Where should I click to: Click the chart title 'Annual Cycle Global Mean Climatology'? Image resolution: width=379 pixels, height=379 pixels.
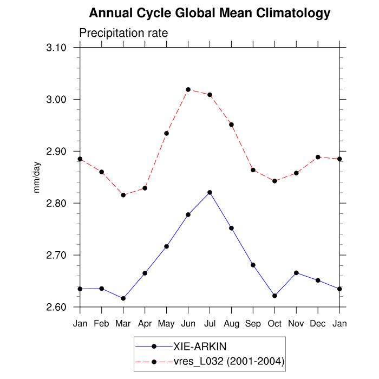[x=210, y=12]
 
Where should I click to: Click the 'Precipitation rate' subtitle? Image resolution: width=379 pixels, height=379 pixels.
[x=123, y=33]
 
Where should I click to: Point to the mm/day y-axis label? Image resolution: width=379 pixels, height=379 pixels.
[x=37, y=177]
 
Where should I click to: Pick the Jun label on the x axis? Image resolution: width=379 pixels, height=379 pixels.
[x=188, y=323]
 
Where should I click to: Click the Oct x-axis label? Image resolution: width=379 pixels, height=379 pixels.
[x=275, y=323]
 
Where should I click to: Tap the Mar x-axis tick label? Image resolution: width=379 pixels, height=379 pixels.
[x=123, y=323]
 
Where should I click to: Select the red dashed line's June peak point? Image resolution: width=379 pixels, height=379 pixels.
[x=188, y=89]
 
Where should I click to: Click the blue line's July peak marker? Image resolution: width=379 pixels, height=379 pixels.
[x=210, y=192]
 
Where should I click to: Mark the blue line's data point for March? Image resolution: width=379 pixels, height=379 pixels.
[x=123, y=298]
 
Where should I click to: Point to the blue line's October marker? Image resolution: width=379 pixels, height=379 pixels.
[x=275, y=296]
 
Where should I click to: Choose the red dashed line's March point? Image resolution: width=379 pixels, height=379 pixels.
[x=123, y=195]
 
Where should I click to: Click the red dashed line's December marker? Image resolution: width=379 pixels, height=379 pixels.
[x=318, y=157]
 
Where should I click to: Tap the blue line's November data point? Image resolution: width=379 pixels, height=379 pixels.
[x=296, y=273]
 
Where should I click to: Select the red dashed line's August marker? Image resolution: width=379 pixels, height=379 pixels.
[x=231, y=125]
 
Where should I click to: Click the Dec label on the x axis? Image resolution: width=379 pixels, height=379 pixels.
[x=318, y=323]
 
